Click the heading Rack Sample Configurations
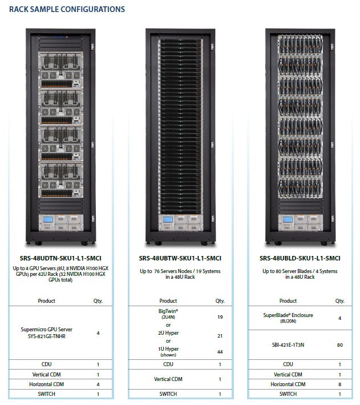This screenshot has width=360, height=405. [x=67, y=9]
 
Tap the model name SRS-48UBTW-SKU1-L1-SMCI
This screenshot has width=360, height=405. [x=180, y=258]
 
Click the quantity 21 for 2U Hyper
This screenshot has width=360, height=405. [x=220, y=336]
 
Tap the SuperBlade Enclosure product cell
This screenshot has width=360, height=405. [x=288, y=318]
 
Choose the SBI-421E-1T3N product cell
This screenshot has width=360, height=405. [x=288, y=344]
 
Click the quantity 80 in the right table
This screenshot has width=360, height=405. [x=340, y=344]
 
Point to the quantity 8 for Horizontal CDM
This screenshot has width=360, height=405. [x=340, y=384]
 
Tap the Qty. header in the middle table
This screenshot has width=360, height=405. [x=220, y=300]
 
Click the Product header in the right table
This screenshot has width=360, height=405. [x=288, y=300]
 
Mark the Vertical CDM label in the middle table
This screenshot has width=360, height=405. [x=168, y=379]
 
